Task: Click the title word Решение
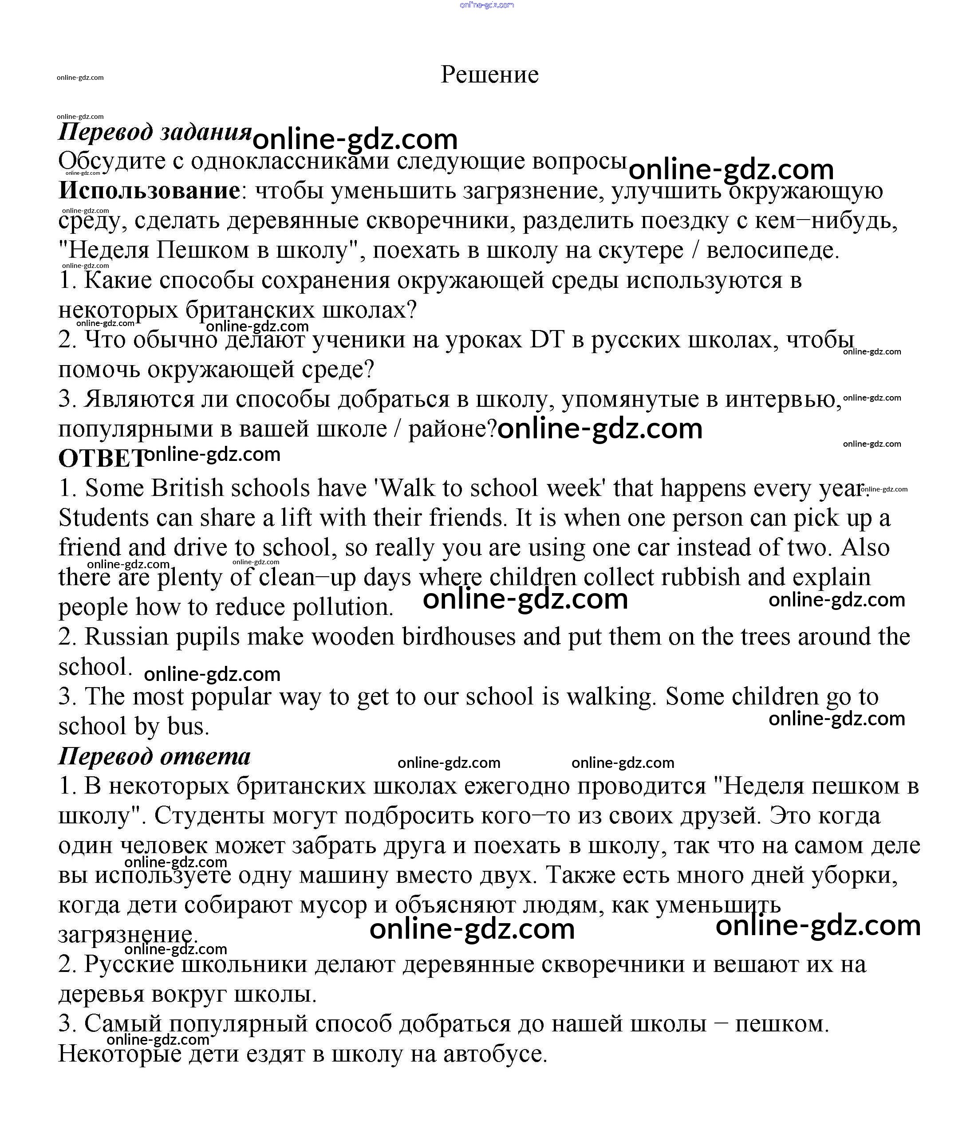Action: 489,75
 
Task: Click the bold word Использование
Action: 149,191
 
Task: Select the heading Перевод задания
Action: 155,132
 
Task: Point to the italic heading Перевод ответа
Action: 154,757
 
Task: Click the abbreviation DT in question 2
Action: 547,340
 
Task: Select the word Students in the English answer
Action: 103,518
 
